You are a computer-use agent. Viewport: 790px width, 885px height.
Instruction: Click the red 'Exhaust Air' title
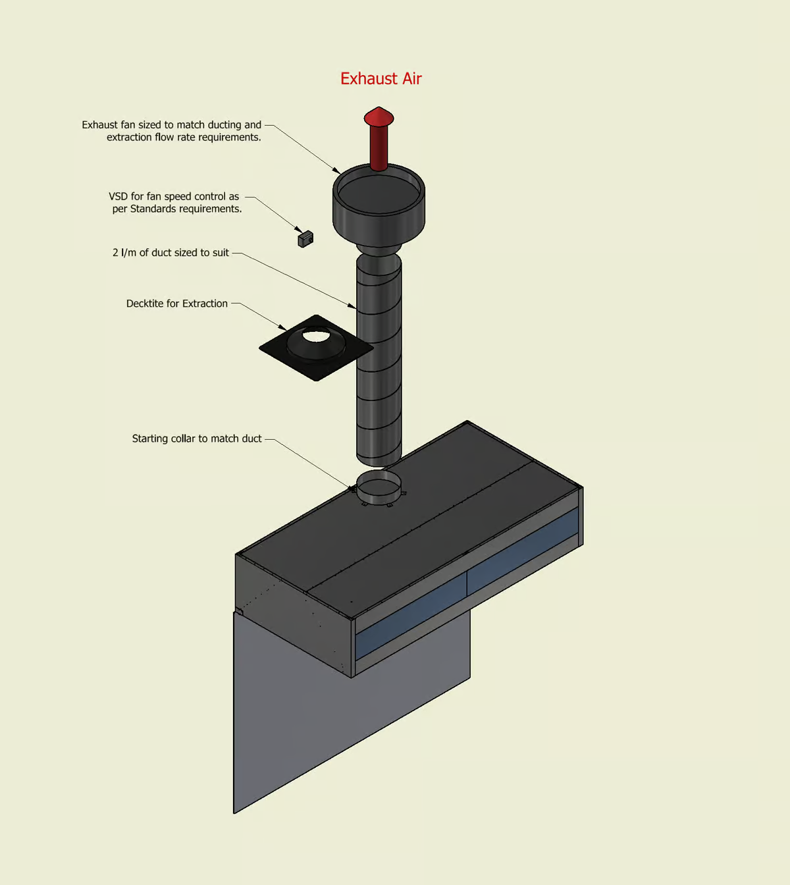pyautogui.click(x=381, y=79)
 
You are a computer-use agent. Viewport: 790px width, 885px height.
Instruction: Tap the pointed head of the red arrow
pyautogui.click(x=379, y=117)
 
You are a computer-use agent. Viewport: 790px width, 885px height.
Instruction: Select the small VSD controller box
pyautogui.click(x=305, y=238)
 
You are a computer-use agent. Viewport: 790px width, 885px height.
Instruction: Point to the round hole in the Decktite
pyautogui.click(x=317, y=336)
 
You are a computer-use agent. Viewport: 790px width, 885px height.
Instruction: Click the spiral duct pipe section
pyautogui.click(x=379, y=369)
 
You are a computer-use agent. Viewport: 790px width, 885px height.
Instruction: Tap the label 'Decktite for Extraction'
pyautogui.click(x=177, y=304)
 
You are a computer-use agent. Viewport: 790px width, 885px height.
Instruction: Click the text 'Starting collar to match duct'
pyautogui.click(x=197, y=439)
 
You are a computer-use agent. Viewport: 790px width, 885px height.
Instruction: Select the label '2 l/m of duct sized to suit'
pyautogui.click(x=171, y=253)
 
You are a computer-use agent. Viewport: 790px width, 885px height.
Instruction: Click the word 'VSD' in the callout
pyautogui.click(x=118, y=197)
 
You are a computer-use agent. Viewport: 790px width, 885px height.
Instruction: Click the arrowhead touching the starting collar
pyautogui.click(x=352, y=488)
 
